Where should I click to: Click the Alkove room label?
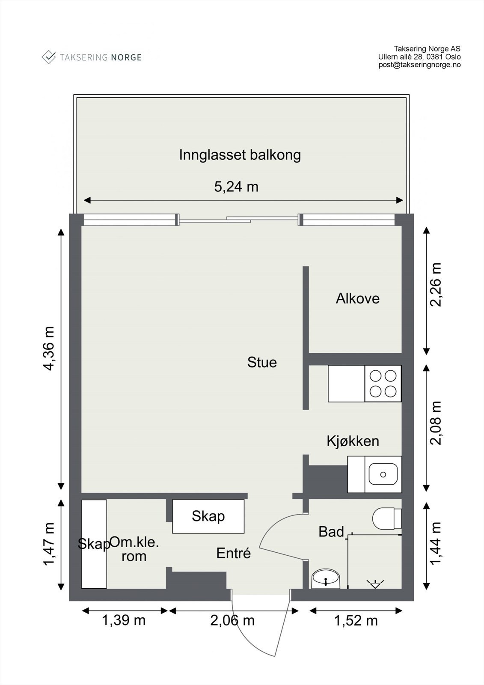point(357,298)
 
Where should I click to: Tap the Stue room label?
point(262,362)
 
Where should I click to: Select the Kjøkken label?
point(353,441)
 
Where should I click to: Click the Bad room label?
point(331,532)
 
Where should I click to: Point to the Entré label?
point(233,553)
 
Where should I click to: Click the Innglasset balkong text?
point(240,155)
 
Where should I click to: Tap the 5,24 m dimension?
point(236,187)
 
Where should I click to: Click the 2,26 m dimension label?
point(435,284)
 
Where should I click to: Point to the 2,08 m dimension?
point(435,423)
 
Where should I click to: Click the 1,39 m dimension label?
point(124,620)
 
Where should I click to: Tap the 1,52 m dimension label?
point(356,620)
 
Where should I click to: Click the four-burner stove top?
point(383,384)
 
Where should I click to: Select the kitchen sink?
point(383,474)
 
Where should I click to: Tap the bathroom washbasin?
point(326,579)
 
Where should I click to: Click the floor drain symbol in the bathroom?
point(374,584)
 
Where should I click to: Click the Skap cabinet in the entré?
point(208,516)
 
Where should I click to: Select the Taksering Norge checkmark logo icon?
point(49,57)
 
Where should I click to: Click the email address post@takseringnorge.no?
point(419,65)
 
